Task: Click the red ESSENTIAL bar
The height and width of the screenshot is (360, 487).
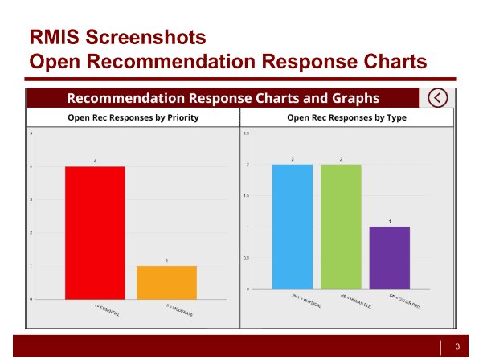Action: (95, 232)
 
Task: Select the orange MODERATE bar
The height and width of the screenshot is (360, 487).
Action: (166, 282)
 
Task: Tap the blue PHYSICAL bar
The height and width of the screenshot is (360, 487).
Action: (293, 227)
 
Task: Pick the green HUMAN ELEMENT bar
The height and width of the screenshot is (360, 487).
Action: (342, 227)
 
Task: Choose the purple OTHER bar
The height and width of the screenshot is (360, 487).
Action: (390, 257)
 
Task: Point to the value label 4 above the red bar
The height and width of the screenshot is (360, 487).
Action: (95, 162)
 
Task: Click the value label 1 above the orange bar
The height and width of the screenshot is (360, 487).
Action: (166, 260)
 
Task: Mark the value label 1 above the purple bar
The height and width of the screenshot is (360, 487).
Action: (390, 221)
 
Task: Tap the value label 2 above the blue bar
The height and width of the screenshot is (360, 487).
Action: (293, 159)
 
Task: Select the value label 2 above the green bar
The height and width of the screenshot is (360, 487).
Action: (342, 159)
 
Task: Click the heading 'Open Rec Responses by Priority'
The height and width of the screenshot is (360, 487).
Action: (133, 117)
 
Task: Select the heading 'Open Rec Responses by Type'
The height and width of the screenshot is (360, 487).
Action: (346, 117)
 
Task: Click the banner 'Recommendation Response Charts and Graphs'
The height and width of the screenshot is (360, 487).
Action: (223, 98)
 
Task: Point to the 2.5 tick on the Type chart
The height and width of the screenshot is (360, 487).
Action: (247, 133)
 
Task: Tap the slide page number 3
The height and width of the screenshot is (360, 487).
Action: (457, 347)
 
